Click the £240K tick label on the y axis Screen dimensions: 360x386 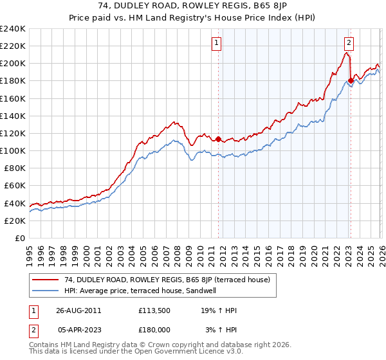tap(13, 29)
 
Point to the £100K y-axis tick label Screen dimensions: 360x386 tap(13, 150)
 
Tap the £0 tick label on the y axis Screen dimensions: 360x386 tap(20, 238)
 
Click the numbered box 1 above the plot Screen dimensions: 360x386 tap(217, 43)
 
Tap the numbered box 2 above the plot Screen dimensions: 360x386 tap(349, 43)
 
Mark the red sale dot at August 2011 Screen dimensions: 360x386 tap(218, 139)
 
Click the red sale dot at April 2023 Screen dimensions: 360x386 tap(351, 81)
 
